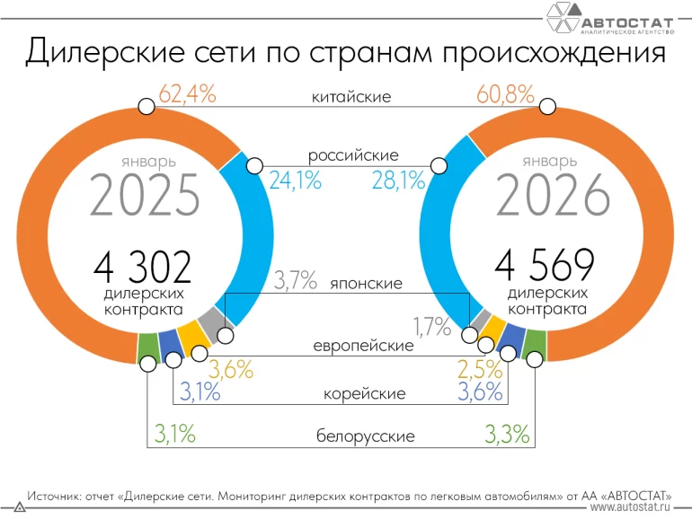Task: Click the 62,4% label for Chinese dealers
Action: tap(187, 94)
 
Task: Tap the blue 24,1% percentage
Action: tap(295, 181)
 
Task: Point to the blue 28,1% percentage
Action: tap(398, 181)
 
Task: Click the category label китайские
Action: tap(351, 96)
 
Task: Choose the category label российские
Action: tap(352, 155)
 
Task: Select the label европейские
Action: tap(363, 345)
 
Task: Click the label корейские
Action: tap(364, 393)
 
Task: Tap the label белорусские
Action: tap(365, 436)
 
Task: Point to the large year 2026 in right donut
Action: tap(547, 197)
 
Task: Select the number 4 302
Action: tap(142, 267)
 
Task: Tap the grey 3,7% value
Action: tap(296, 281)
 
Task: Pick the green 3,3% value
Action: tap(507, 435)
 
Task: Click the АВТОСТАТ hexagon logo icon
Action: tap(562, 16)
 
